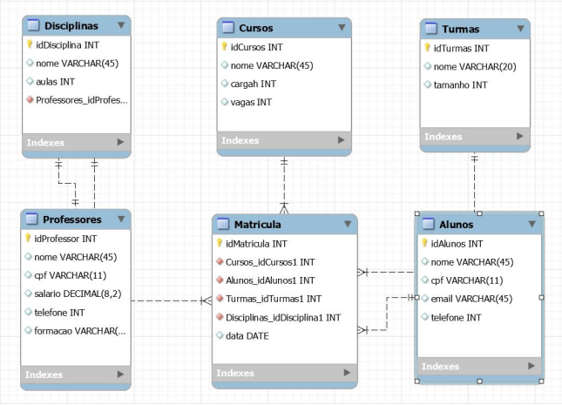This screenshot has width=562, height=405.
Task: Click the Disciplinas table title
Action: (x=71, y=26)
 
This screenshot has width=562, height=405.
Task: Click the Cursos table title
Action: (x=255, y=28)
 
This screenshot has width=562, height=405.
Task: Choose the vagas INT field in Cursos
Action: (x=251, y=102)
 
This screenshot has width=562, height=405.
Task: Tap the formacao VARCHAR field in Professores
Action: (x=79, y=331)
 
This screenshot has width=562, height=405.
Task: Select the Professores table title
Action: (x=71, y=219)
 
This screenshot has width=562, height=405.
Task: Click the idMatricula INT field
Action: (x=256, y=244)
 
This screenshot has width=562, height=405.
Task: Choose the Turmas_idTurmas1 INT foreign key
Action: (x=273, y=299)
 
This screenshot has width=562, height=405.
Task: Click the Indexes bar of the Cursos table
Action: (x=284, y=140)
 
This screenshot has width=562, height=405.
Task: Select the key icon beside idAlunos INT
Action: (x=424, y=244)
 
